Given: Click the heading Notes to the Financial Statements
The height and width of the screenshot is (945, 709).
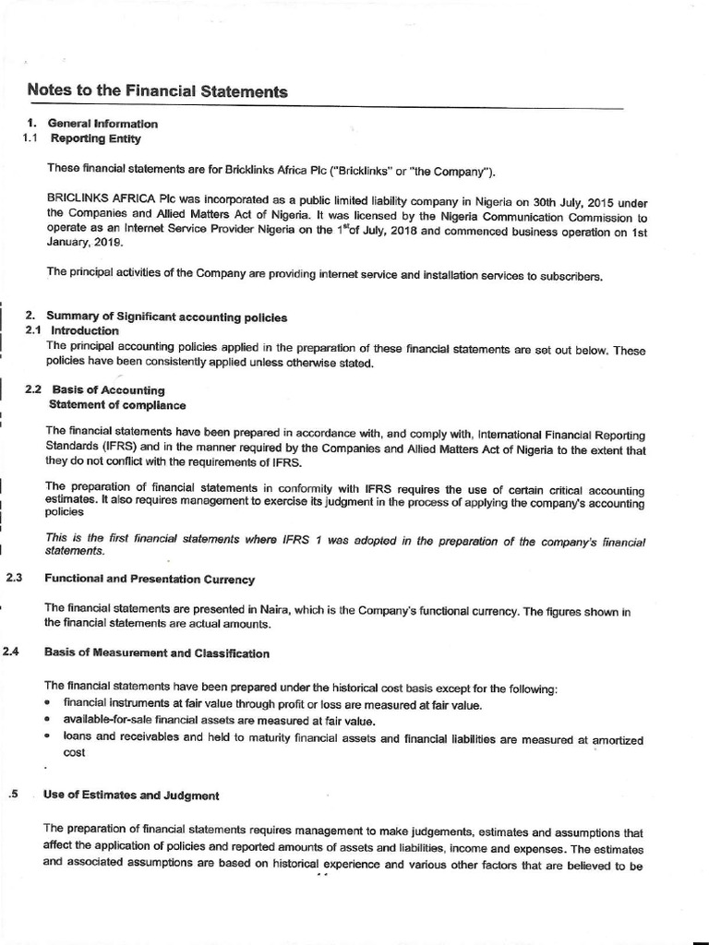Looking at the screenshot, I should click(x=157, y=91).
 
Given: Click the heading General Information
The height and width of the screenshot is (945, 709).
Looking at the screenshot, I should click(x=102, y=124).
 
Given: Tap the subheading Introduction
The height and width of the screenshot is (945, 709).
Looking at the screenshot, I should click(x=85, y=330).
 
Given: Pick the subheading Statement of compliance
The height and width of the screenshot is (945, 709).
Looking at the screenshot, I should click(x=116, y=405).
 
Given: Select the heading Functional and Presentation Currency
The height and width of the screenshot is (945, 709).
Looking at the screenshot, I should click(x=149, y=579).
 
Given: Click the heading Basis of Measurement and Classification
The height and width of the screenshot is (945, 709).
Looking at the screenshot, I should click(x=157, y=653).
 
